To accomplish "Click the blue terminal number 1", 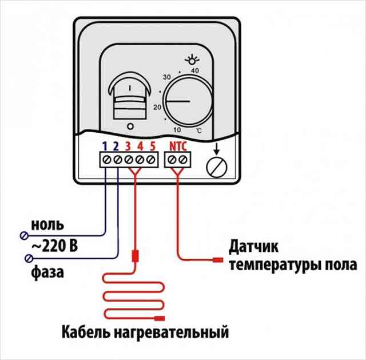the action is click(x=105, y=147).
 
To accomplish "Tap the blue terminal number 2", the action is click(x=116, y=147).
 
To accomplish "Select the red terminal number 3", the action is click(x=128, y=147).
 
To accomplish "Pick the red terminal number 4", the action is click(x=140, y=147).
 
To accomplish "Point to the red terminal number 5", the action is click(x=153, y=147).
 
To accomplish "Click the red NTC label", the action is click(x=178, y=147).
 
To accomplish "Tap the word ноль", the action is click(x=47, y=225).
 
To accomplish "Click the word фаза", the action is click(x=47, y=272).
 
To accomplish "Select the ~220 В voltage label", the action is click(x=54, y=246).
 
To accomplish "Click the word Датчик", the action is click(x=253, y=247).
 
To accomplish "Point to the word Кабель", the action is click(x=86, y=332).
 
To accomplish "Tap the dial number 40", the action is click(x=195, y=70).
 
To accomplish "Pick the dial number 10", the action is click(x=177, y=130).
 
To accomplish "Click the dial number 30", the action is click(x=166, y=77).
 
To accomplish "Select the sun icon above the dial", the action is click(x=192, y=60).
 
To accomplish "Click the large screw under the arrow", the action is click(x=217, y=168).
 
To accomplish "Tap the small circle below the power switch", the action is click(x=130, y=126).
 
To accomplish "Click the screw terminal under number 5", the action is click(x=150, y=160).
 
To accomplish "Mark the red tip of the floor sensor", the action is click(x=218, y=260).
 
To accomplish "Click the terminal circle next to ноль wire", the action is click(x=24, y=235).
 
